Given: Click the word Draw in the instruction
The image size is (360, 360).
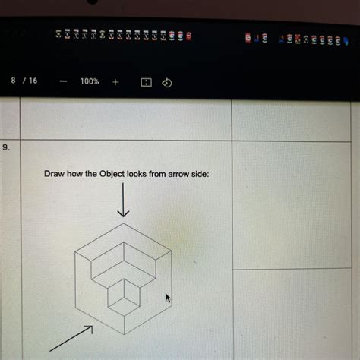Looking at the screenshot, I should click(x=54, y=175).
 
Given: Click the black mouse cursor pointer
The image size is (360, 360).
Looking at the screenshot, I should click(x=168, y=298).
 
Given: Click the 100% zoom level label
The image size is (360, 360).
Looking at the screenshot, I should click(x=89, y=81).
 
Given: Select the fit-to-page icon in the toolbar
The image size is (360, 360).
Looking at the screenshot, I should click(x=147, y=81).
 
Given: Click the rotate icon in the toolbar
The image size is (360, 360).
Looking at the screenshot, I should click(x=168, y=81).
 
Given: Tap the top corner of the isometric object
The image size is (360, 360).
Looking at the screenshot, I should click(x=124, y=225).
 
